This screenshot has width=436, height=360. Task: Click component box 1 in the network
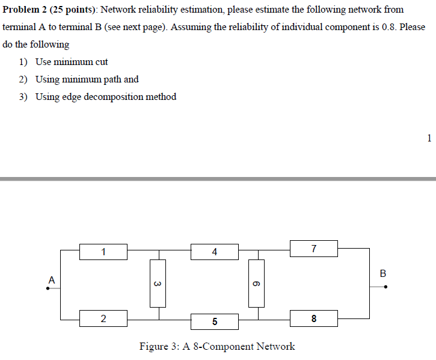click(103, 252)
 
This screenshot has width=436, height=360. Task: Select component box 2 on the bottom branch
click(103, 318)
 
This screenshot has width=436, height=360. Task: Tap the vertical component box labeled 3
click(158, 283)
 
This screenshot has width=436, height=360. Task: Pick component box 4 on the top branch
click(215, 252)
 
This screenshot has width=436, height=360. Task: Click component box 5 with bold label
click(215, 321)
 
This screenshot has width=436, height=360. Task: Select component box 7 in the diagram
click(313, 248)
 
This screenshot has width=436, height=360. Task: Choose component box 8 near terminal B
click(313, 318)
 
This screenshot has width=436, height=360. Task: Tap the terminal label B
click(383, 273)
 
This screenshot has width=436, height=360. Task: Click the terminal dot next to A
click(48, 288)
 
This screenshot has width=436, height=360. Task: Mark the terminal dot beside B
click(386, 287)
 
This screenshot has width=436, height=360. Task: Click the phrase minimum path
click(88, 79)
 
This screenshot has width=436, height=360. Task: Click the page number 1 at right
click(429, 138)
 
